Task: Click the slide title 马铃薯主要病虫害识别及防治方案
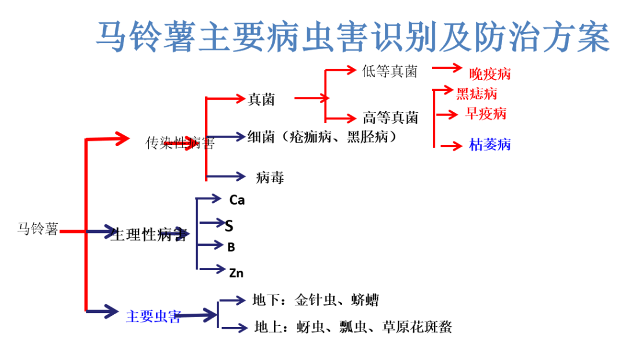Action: [352, 37]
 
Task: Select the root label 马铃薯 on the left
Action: [38, 228]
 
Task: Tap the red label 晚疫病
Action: [490, 74]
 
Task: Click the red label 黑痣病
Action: [476, 93]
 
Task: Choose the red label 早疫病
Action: [486, 113]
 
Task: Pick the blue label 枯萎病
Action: [490, 144]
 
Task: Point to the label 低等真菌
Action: [390, 71]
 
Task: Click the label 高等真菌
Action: [390, 118]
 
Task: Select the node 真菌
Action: [261, 100]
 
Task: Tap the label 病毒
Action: [270, 177]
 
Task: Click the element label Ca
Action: [237, 200]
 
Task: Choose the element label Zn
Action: [236, 272]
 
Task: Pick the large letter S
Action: [229, 226]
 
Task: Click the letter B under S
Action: [231, 248]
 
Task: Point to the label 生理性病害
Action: [148, 235]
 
